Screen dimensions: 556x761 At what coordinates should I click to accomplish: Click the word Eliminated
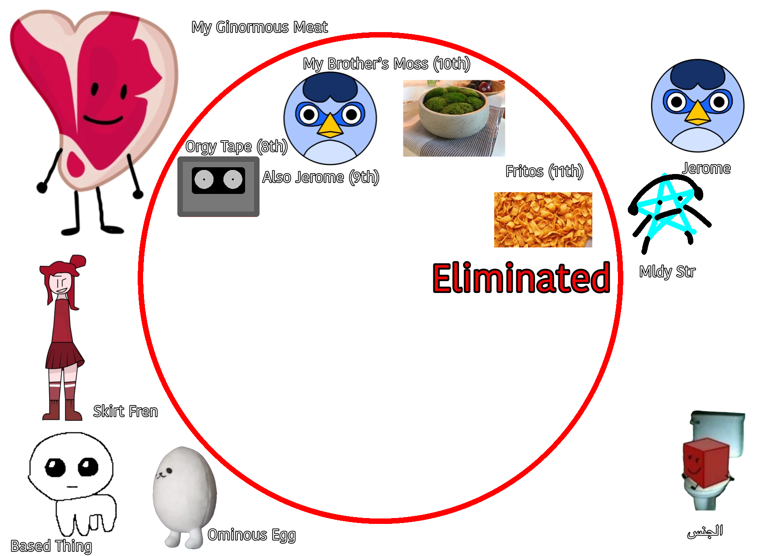(522, 278)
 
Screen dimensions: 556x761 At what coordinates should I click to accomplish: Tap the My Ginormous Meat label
(260, 28)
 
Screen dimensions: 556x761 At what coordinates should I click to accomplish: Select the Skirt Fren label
(126, 411)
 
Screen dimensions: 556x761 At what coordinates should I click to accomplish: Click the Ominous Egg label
(251, 535)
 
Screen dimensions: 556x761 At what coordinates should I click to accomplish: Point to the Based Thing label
(51, 546)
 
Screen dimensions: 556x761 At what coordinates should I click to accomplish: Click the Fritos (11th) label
(544, 171)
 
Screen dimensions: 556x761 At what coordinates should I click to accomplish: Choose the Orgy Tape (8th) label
(236, 146)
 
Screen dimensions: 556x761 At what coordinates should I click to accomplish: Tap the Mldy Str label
(667, 272)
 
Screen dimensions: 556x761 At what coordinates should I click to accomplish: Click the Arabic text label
(705, 531)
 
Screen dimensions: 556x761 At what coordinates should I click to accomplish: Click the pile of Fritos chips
(546, 220)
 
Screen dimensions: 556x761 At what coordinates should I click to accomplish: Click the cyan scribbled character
(664, 210)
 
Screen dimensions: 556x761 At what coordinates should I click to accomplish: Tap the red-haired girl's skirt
(65, 355)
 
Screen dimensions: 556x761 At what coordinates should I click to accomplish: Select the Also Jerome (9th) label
(320, 177)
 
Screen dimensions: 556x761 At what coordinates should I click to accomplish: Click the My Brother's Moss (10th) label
(386, 64)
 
